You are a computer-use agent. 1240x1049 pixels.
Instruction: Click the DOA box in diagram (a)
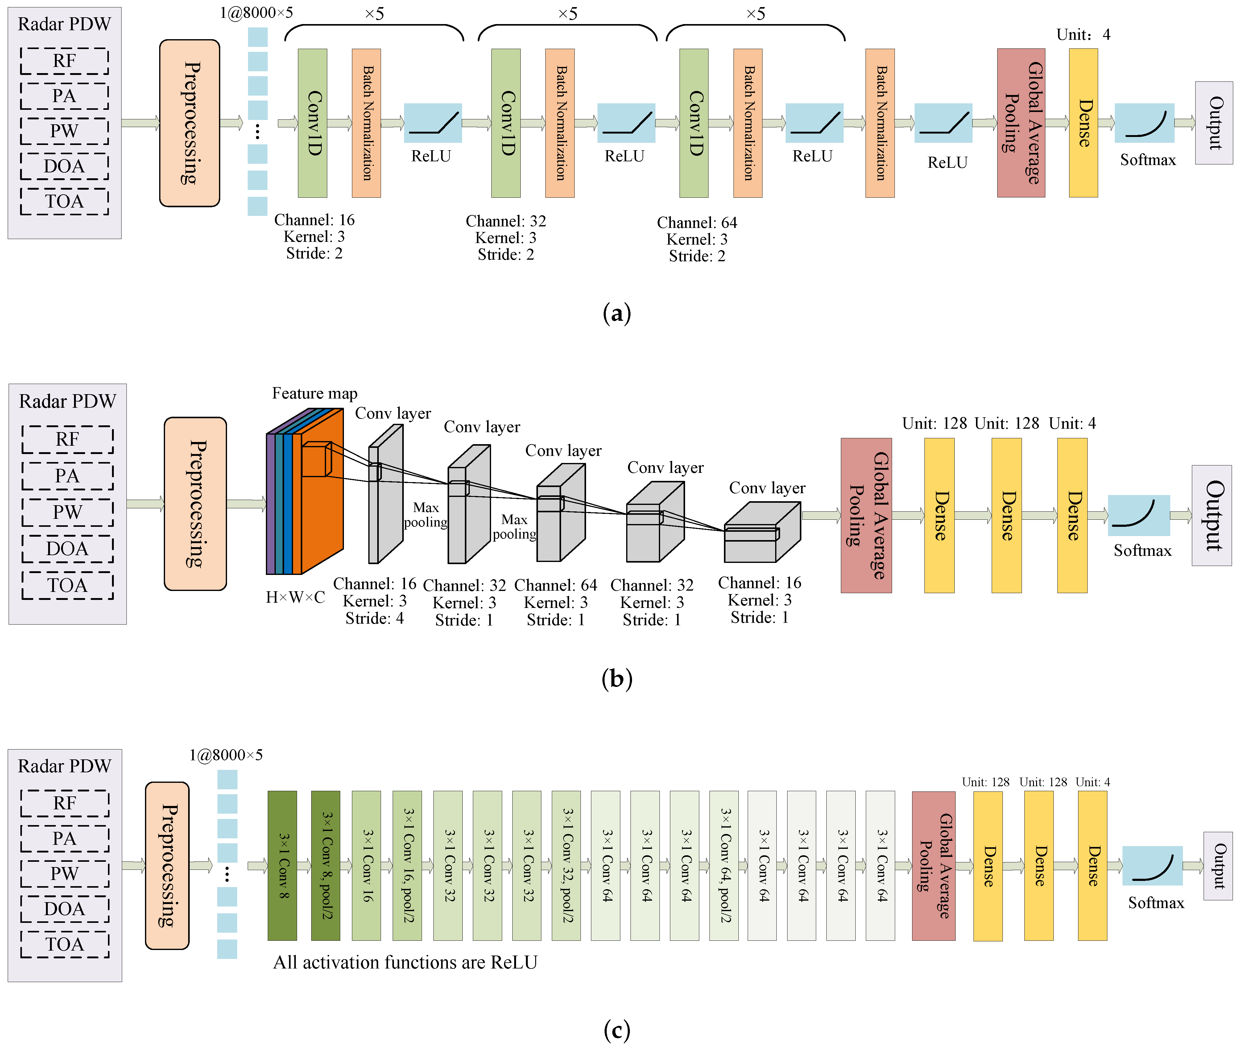(64, 166)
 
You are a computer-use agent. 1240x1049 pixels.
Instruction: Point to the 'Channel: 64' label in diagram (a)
(696, 222)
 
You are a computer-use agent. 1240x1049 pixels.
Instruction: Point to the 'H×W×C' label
(295, 597)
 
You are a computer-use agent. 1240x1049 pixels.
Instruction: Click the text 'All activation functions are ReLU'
(405, 962)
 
